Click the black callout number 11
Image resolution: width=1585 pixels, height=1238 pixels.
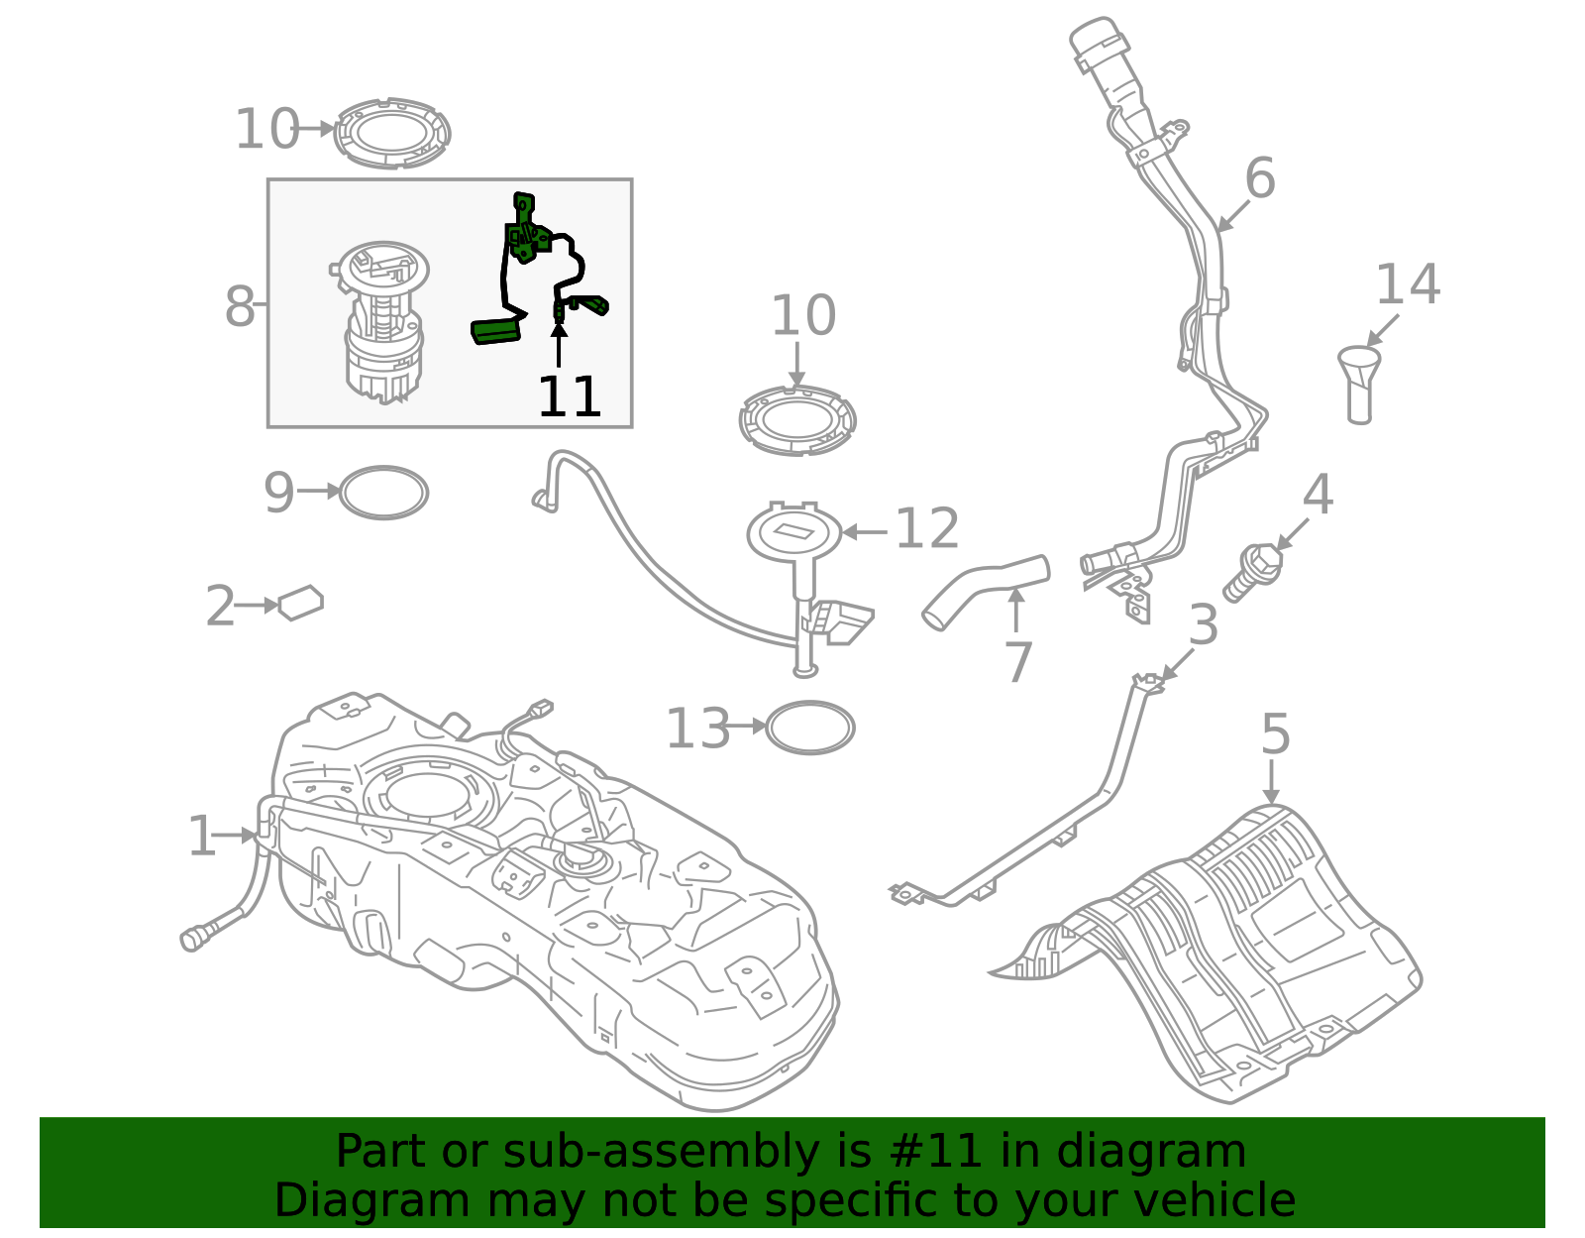click(570, 397)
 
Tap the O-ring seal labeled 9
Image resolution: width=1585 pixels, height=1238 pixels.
click(383, 493)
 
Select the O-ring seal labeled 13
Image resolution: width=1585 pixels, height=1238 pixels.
click(810, 728)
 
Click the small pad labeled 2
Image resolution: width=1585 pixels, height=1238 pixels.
click(301, 603)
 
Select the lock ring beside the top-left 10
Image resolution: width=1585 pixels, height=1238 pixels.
click(392, 133)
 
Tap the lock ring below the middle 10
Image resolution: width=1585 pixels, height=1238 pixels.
click(797, 420)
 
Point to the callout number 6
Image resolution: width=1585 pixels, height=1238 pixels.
click(1260, 179)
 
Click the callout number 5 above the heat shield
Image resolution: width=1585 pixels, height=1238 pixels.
click(1276, 734)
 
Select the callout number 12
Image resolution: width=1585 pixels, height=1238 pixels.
click(927, 529)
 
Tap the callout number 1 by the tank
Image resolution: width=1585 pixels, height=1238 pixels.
click(201, 837)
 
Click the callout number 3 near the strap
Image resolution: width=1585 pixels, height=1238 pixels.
click(1204, 625)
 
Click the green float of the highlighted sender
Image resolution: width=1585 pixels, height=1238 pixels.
click(496, 331)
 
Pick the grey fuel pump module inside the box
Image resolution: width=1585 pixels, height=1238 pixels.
click(382, 322)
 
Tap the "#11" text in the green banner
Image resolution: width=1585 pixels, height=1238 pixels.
click(936, 1152)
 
